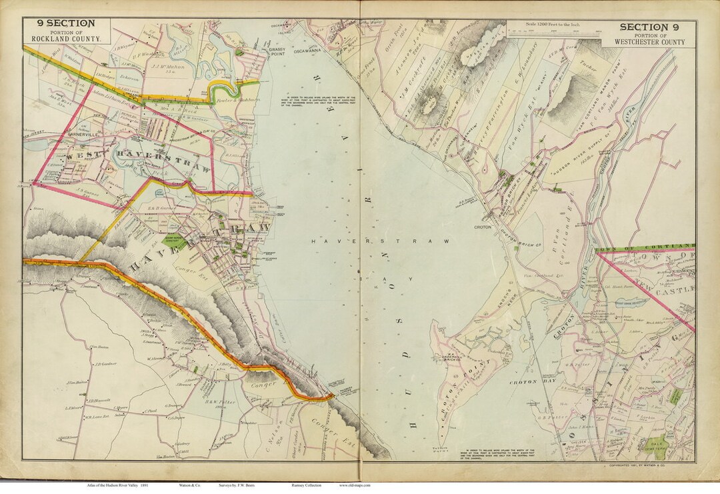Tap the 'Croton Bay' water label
click(x=526, y=382)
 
